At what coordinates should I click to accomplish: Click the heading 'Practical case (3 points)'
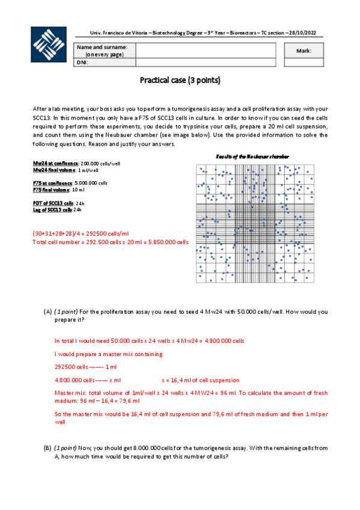(x=180, y=79)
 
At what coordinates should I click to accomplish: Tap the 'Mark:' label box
(x=304, y=51)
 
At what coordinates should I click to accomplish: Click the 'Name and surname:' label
(x=102, y=50)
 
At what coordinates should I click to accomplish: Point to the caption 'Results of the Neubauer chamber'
(x=252, y=156)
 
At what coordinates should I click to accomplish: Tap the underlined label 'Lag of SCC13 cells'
(x=53, y=210)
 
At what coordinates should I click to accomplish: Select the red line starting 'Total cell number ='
(x=102, y=242)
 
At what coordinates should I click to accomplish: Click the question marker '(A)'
(x=48, y=312)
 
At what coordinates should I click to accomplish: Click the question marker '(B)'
(x=48, y=448)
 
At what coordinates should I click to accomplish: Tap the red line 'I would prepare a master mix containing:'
(x=109, y=354)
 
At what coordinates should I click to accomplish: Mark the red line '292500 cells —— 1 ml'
(x=85, y=367)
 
